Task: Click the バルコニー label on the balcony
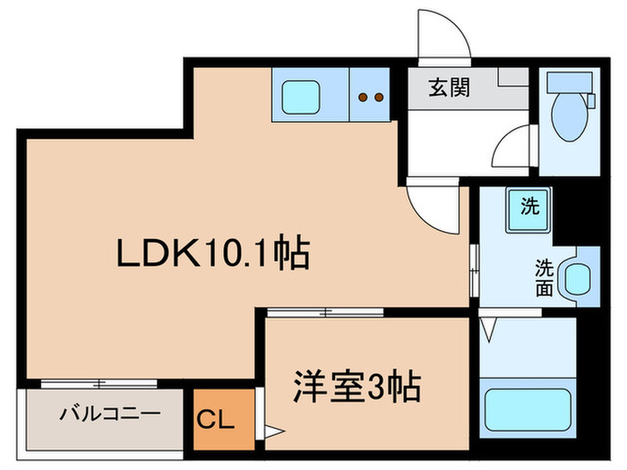pyautogui.click(x=110, y=414)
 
